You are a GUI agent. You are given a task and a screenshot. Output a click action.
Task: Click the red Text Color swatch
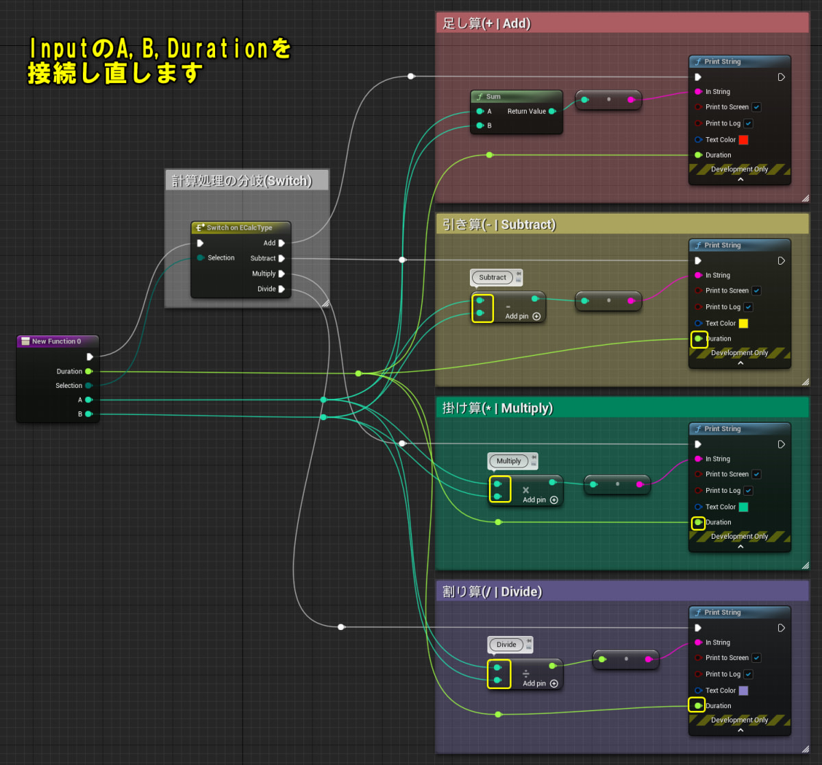[743, 140]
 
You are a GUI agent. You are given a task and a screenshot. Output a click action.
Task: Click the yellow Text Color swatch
[743, 324]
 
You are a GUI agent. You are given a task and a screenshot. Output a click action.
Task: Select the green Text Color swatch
[743, 507]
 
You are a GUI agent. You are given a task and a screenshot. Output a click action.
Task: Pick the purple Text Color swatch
[743, 691]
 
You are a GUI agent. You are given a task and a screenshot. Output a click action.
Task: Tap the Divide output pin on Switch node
[282, 289]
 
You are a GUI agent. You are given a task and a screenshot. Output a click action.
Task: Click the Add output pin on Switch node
[282, 243]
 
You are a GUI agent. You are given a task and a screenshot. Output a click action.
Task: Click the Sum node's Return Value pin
[552, 111]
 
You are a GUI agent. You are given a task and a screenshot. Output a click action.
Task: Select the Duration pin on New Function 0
[88, 372]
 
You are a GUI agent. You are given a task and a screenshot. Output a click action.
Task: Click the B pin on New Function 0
[88, 414]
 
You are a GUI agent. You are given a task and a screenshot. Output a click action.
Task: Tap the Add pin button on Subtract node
[536, 317]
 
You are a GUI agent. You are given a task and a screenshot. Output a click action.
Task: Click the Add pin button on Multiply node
[553, 500]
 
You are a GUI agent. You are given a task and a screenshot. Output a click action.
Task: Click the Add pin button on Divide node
[553, 683]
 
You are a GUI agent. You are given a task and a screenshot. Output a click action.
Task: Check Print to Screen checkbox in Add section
[756, 107]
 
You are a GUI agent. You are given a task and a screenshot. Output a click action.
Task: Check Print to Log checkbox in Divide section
[748, 675]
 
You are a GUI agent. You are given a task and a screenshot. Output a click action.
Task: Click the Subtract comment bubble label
[493, 278]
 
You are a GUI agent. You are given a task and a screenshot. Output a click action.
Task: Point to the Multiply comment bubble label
[509, 461]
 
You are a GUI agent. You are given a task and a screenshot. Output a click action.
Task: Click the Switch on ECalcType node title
[239, 228]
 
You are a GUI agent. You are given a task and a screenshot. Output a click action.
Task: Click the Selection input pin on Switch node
[200, 258]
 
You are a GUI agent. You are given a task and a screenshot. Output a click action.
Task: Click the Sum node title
[493, 97]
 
